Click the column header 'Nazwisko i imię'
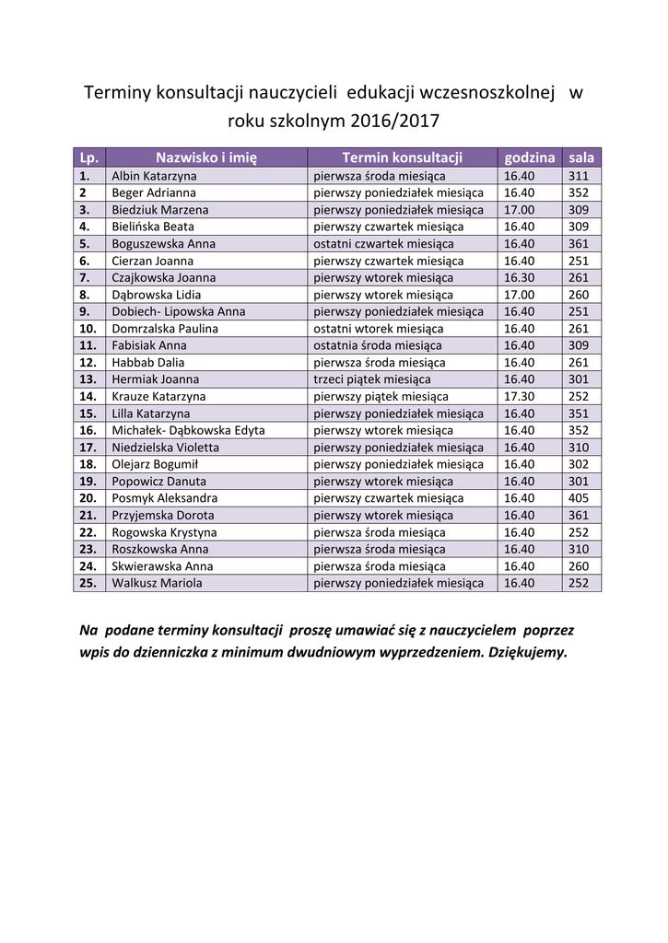[x=205, y=157]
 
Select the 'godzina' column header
[x=529, y=157]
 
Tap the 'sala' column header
[x=581, y=157]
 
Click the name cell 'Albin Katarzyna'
[x=154, y=175]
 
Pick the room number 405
[x=579, y=498]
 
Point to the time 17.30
[x=519, y=396]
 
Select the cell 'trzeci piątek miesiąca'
[x=372, y=379]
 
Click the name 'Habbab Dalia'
[x=148, y=362]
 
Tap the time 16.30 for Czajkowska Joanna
[x=519, y=277]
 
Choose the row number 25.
[x=88, y=583]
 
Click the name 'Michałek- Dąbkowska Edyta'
[x=188, y=430]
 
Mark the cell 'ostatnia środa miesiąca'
[x=377, y=345]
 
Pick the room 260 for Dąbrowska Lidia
[x=579, y=295]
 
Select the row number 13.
[x=88, y=379]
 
